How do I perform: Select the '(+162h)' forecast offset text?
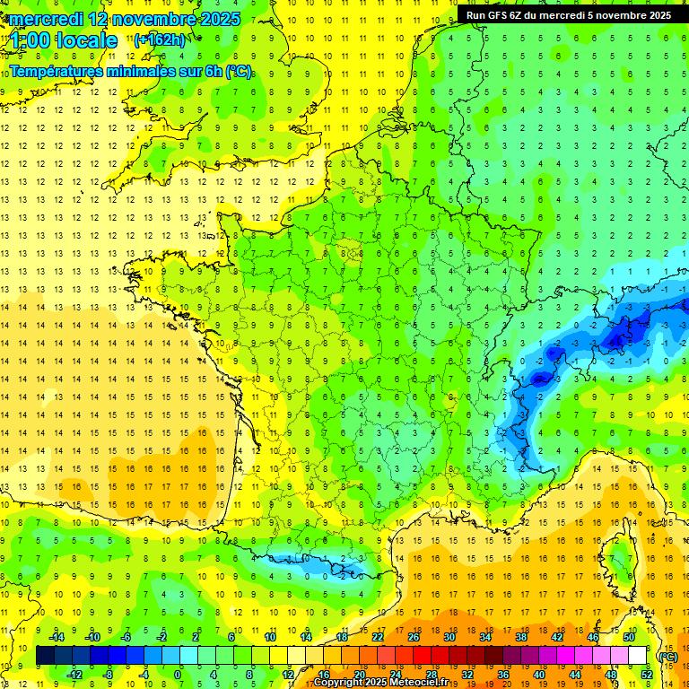(160, 39)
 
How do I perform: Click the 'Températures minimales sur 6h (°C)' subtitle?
(131, 71)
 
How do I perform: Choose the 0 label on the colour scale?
(178, 675)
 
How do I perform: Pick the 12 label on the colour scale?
(288, 675)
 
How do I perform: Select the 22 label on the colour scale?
(378, 637)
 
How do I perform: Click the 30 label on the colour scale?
(449, 637)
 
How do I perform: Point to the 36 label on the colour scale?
(503, 675)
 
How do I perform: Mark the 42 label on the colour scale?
(557, 637)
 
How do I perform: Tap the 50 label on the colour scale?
(629, 637)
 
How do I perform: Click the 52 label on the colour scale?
(647, 675)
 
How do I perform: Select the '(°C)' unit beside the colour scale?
(667, 656)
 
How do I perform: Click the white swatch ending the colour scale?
(638, 656)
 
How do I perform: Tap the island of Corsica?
(618, 561)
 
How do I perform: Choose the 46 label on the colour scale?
(593, 637)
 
